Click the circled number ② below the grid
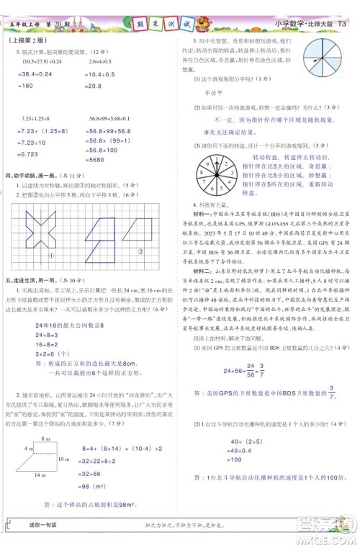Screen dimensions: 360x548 140,231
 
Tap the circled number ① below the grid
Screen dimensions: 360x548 50,235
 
